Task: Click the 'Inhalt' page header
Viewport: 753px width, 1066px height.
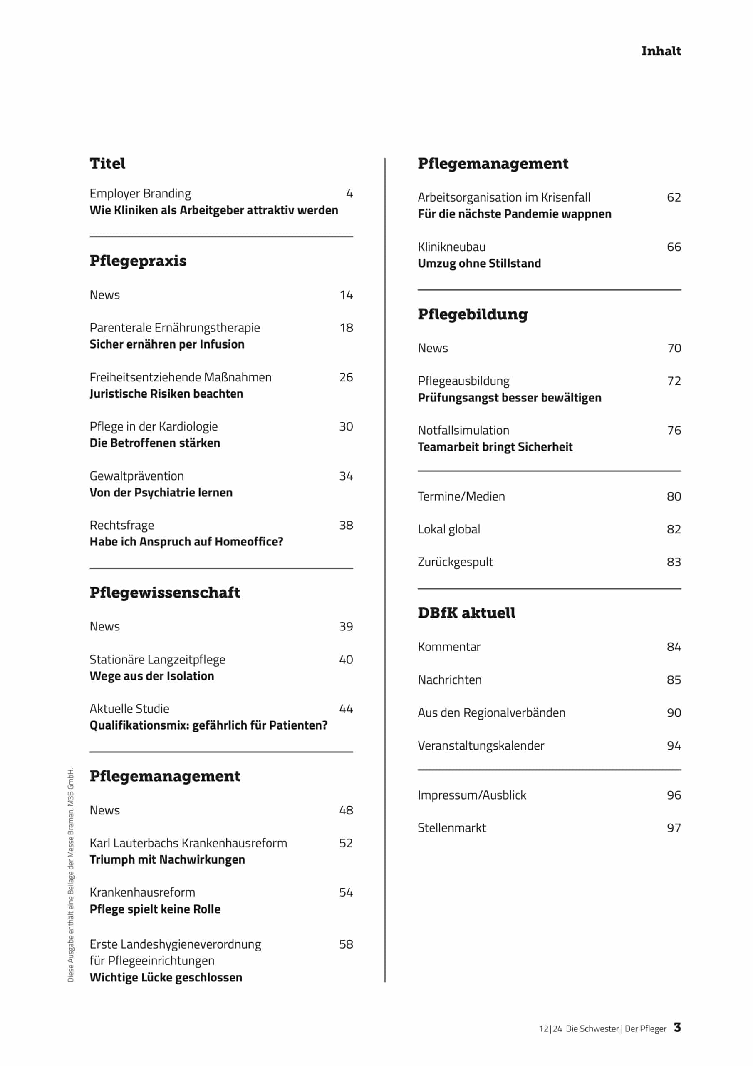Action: click(661, 51)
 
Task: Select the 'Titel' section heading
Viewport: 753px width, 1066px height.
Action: click(107, 163)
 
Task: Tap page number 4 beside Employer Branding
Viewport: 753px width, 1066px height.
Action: click(349, 194)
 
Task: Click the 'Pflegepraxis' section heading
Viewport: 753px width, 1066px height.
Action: click(138, 261)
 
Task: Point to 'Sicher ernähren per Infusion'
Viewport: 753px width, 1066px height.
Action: click(166, 344)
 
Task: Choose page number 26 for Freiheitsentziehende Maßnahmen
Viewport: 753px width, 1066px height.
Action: click(346, 377)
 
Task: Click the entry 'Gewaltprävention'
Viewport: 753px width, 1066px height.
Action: click(136, 476)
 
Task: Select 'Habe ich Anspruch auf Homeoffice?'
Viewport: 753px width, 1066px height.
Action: click(186, 542)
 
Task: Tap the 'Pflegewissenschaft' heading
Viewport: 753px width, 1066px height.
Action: click(165, 593)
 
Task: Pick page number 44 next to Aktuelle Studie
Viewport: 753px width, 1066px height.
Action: click(346, 709)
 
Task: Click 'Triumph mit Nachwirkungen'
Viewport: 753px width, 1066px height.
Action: click(167, 860)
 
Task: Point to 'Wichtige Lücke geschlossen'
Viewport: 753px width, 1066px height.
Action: click(166, 978)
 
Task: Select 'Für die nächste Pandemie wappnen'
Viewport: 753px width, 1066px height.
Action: click(514, 214)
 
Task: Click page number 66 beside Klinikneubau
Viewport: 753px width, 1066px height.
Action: click(674, 247)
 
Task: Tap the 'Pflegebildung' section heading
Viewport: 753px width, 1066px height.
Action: click(472, 314)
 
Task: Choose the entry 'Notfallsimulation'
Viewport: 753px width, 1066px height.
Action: click(463, 431)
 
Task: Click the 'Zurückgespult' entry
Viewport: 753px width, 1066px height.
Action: click(455, 562)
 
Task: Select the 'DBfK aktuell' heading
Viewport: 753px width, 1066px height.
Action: click(466, 613)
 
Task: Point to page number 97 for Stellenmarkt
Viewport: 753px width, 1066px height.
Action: click(674, 828)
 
